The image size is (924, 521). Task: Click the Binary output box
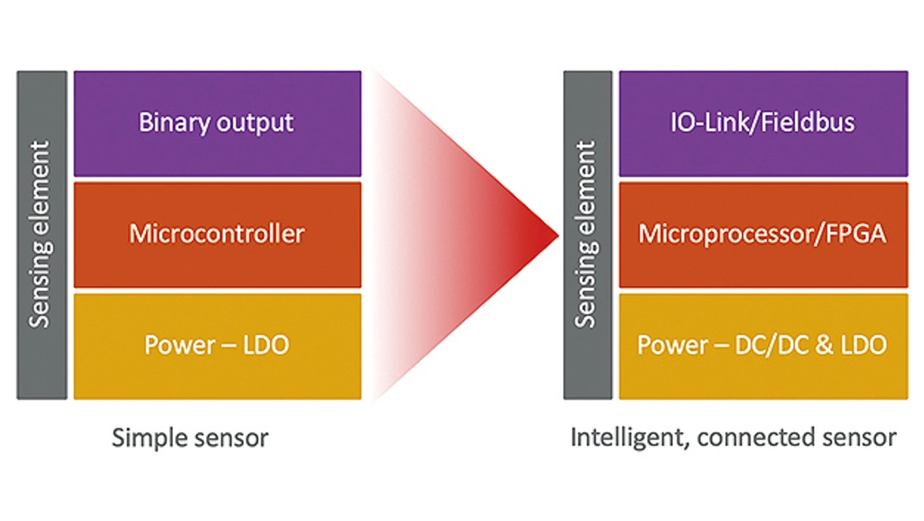(x=217, y=124)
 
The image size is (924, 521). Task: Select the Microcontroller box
(x=217, y=235)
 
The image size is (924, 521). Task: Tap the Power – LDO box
(x=217, y=345)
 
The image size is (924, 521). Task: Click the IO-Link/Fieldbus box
(x=763, y=124)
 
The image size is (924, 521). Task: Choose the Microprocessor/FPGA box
(x=763, y=235)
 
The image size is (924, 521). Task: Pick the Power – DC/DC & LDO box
(x=763, y=345)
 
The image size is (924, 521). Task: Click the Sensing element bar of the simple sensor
(x=42, y=235)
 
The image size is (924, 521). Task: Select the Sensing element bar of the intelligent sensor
(x=588, y=235)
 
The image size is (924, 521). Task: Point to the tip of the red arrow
(x=557, y=235)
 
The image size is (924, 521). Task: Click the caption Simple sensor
(x=190, y=438)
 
